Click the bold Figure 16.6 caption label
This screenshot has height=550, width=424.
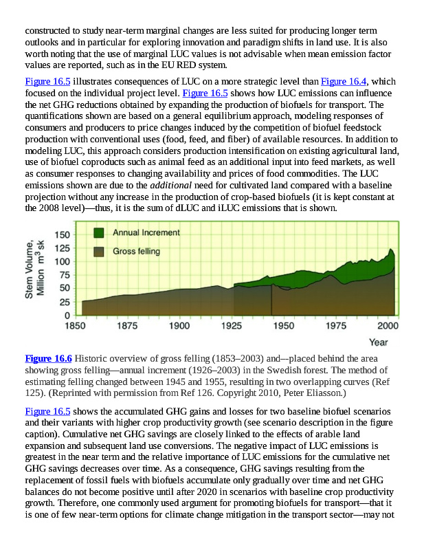coord(48,358)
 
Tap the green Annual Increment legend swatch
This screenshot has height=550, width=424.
coord(99,233)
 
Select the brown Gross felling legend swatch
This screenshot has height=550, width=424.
coord(99,252)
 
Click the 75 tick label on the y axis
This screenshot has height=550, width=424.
coord(60,276)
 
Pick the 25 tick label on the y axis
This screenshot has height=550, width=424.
coord(60,302)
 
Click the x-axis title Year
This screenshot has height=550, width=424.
coord(378,342)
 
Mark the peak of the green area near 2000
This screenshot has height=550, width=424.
coord(390,249)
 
